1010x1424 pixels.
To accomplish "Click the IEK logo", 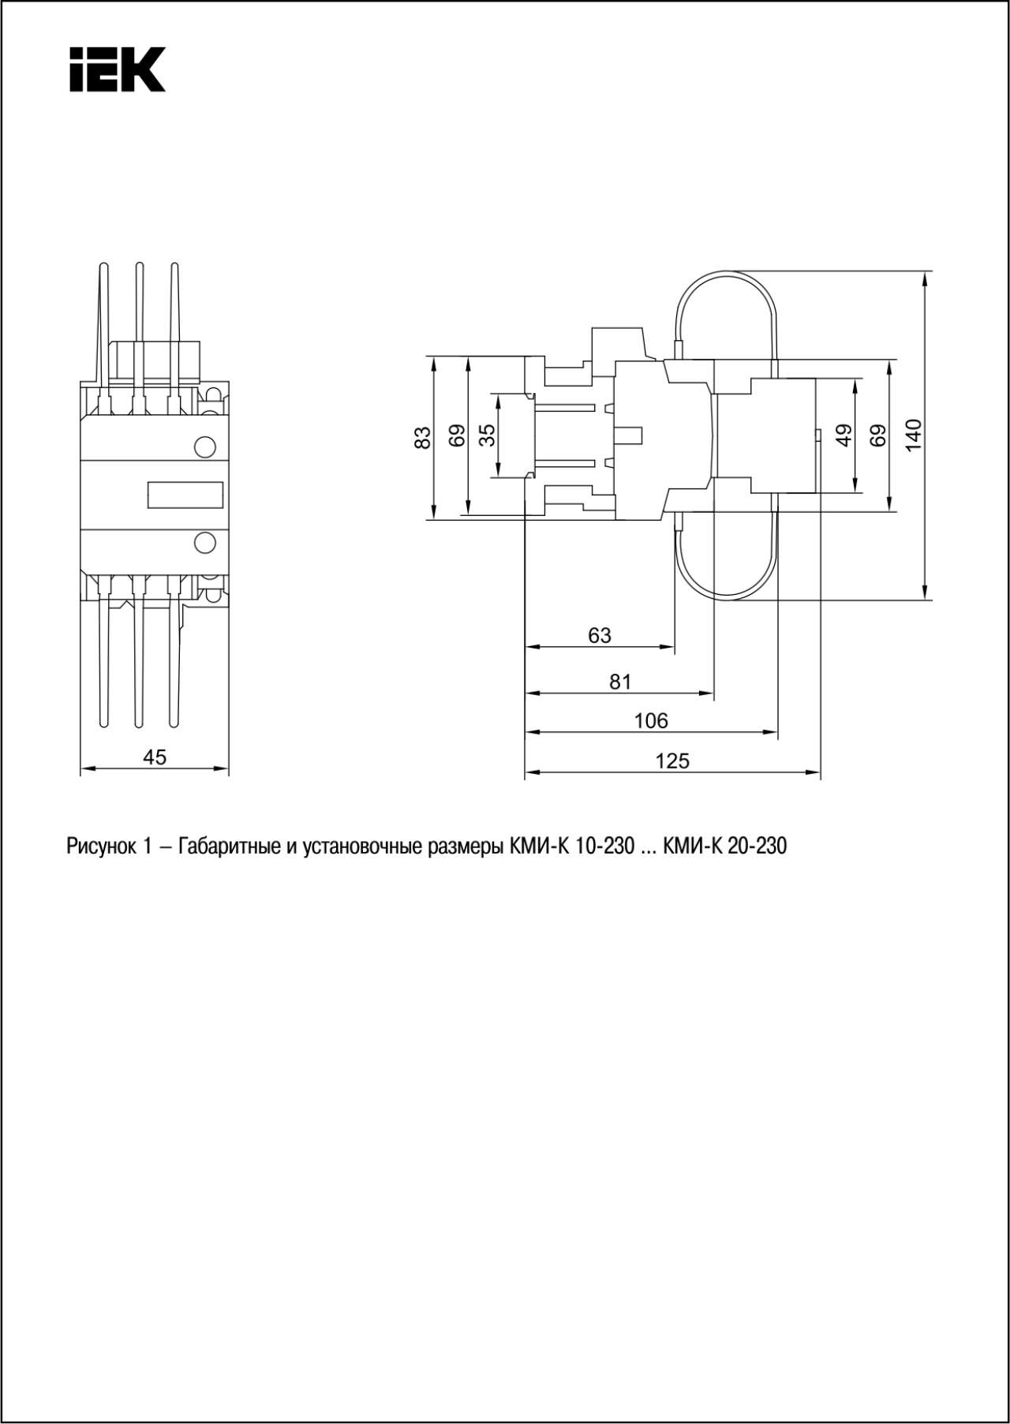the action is [x=118, y=69].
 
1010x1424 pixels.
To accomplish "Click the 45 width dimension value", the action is [x=155, y=757].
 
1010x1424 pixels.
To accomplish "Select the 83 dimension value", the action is [x=424, y=438].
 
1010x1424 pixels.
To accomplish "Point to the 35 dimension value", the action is [x=488, y=435].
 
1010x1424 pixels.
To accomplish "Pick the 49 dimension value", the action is [x=845, y=435].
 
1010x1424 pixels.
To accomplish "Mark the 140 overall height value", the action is [x=913, y=435].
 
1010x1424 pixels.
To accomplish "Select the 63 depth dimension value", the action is [x=600, y=635].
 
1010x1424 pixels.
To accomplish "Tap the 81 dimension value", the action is [x=621, y=682].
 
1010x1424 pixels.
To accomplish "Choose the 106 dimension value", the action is [x=651, y=720].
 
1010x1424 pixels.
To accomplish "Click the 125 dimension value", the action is [x=672, y=761].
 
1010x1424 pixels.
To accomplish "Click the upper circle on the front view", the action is [x=204, y=447].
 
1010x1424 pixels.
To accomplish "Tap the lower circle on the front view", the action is [x=204, y=543].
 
